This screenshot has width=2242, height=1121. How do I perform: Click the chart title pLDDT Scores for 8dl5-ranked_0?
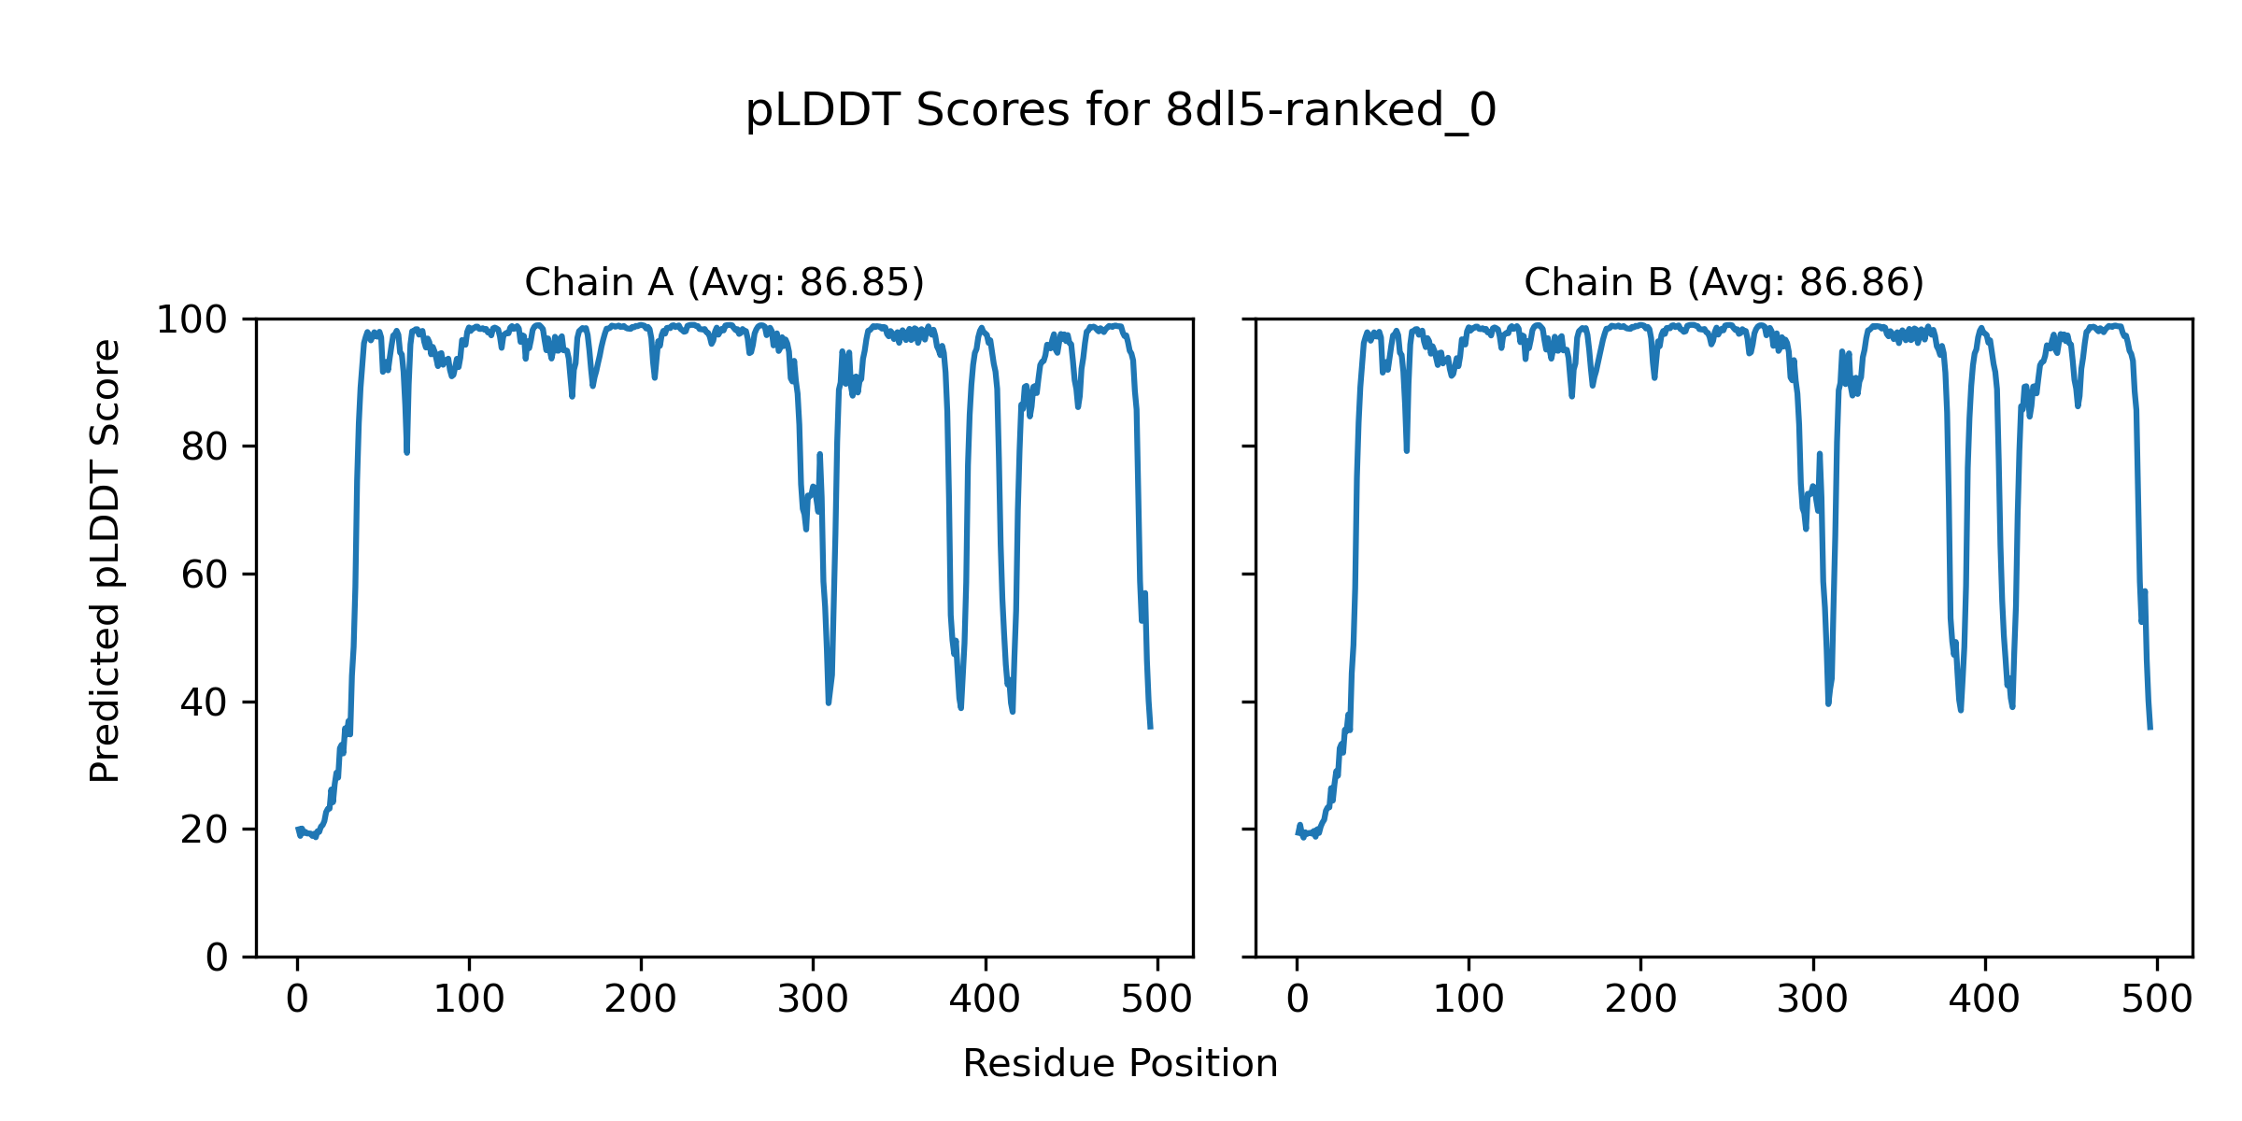tap(1120, 111)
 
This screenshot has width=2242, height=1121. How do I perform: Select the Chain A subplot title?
tap(724, 282)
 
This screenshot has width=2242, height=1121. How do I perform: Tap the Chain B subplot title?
tap(1724, 282)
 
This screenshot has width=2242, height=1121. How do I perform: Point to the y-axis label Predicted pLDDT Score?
tap(106, 560)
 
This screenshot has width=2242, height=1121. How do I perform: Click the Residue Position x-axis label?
tap(1120, 1064)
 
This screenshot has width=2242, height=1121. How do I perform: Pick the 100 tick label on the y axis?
tap(192, 320)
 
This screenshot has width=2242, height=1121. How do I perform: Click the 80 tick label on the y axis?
tap(205, 447)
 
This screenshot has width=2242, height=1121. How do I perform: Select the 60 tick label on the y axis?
tap(205, 575)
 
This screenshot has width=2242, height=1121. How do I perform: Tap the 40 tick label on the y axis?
tap(205, 702)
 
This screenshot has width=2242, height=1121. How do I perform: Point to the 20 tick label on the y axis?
tap(205, 830)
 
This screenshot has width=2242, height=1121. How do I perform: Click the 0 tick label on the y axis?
tap(217, 958)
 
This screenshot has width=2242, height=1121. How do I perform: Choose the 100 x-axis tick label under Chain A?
tap(469, 1000)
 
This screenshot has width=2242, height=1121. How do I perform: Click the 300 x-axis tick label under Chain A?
tap(813, 1000)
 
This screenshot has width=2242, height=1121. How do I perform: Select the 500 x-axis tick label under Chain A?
tap(1156, 1000)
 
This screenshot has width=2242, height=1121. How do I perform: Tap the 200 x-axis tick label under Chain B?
tap(1640, 1000)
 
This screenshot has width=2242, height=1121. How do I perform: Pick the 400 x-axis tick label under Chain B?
tap(1984, 1000)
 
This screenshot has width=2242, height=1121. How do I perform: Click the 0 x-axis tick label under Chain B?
tap(1297, 1000)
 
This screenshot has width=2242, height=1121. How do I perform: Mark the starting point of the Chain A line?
tap(298, 830)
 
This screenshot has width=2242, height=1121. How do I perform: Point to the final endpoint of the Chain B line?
tap(2150, 729)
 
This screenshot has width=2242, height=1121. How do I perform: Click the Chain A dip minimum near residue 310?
tap(829, 702)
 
